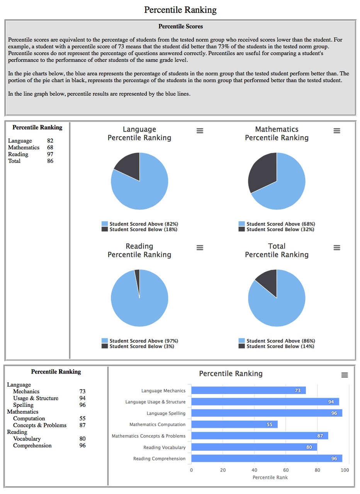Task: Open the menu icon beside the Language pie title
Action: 200,131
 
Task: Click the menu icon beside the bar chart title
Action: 345,375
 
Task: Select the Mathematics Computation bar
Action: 234,425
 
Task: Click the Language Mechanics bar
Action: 248,391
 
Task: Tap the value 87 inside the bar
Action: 320,436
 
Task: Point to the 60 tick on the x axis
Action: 286,470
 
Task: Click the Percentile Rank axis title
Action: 270,477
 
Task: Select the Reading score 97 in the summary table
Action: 50,154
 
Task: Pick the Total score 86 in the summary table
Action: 50,161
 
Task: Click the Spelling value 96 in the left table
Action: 82,405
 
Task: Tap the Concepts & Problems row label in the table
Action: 40,425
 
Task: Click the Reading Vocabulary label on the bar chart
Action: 164,447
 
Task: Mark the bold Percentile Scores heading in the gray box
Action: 180,27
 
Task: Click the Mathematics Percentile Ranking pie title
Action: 277,134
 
